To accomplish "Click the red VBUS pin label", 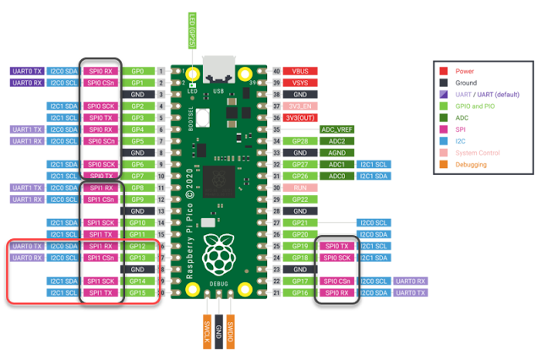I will click(x=300, y=72).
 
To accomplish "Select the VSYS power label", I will click(x=300, y=83).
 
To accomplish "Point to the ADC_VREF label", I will click(x=337, y=129).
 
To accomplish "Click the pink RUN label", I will click(x=300, y=188).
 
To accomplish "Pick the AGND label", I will click(x=337, y=153).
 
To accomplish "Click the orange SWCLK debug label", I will click(x=207, y=332).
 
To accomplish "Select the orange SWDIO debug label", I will click(x=230, y=332).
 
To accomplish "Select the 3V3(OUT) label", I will click(x=300, y=117).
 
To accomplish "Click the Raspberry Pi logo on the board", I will click(x=219, y=254).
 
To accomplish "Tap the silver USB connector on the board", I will click(x=219, y=68).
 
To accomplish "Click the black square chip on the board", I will click(x=218, y=181).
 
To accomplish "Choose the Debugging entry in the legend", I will click(x=471, y=164).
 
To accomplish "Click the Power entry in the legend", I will click(x=464, y=71).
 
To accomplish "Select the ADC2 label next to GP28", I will click(x=337, y=141).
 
